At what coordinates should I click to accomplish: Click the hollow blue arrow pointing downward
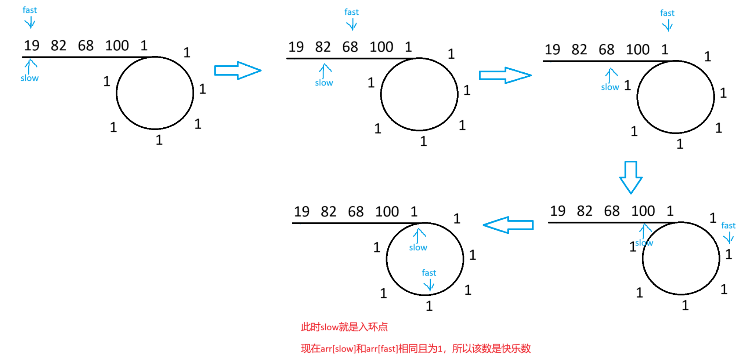[x=630, y=177]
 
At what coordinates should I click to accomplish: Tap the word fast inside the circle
[x=429, y=273]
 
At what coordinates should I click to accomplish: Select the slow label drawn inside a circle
[x=418, y=248]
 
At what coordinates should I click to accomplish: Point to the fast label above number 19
[x=30, y=10]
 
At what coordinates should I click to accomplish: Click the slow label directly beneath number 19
[x=29, y=78]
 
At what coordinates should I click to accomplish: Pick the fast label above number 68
[x=351, y=12]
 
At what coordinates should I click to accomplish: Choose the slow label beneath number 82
[x=324, y=83]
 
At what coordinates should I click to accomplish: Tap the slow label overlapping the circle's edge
[x=644, y=243]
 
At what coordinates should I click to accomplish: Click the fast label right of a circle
[x=728, y=225]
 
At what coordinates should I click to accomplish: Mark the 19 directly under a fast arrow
[x=32, y=46]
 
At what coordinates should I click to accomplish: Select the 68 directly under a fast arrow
[x=350, y=47]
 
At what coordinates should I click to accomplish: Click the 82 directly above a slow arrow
[x=323, y=47]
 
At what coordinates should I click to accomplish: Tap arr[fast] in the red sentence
[x=382, y=349]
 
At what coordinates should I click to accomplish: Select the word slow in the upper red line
[x=330, y=327]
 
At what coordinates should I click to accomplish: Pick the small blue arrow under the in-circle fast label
[x=429, y=286]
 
